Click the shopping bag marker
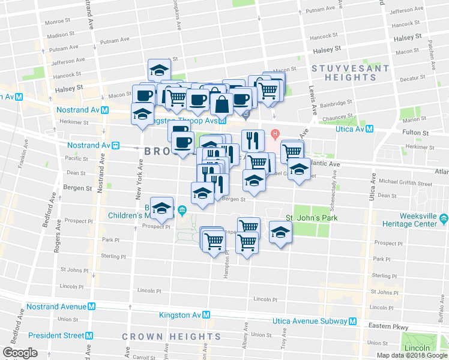tap(221, 104)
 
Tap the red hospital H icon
tap(275, 133)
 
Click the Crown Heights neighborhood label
tap(171, 337)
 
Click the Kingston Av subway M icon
tap(206, 315)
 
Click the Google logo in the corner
tap(20, 352)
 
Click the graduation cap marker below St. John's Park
tap(280, 232)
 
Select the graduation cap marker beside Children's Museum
tap(161, 208)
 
